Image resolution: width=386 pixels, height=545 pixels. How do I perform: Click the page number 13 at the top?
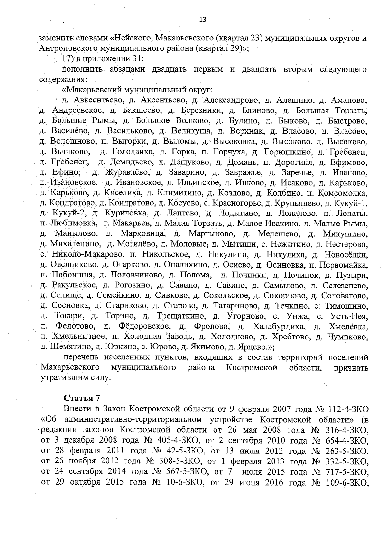pos(203,20)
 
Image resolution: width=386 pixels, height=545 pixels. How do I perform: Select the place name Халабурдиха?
pos(279,327)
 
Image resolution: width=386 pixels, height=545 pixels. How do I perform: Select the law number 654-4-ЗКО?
pos(347,440)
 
